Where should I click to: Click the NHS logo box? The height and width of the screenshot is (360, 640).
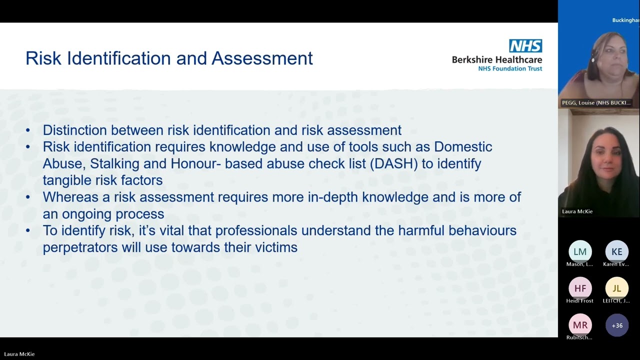[525, 46]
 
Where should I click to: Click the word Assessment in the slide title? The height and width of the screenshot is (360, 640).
[262, 58]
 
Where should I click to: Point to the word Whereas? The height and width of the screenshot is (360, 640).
[70, 197]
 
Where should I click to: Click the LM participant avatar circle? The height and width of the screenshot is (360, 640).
[580, 251]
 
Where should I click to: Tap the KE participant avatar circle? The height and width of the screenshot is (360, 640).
[617, 251]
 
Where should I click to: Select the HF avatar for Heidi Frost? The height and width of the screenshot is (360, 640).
[580, 288]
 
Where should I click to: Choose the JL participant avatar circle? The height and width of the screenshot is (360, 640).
[617, 288]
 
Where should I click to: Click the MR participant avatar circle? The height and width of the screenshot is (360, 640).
[580, 325]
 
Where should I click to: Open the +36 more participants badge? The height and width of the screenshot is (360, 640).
[617, 325]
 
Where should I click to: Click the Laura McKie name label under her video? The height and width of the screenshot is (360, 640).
[577, 211]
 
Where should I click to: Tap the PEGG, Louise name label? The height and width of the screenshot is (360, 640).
[595, 103]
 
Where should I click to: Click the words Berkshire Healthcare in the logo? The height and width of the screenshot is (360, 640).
[496, 59]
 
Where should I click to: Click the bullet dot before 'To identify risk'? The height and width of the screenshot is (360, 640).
[28, 230]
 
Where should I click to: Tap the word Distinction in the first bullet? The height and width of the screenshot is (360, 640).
[74, 130]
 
